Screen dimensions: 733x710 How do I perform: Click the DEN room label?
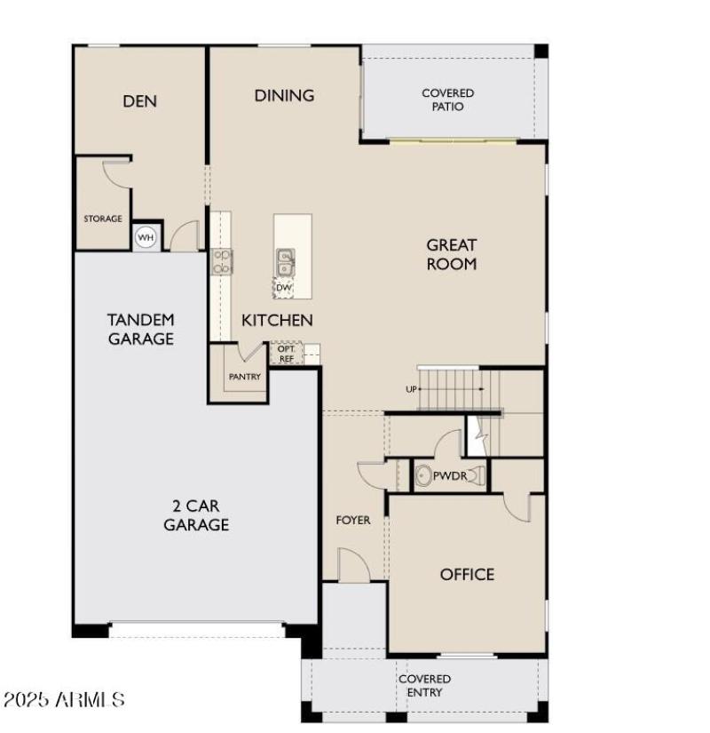click(139, 100)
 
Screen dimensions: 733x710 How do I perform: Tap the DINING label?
click(284, 95)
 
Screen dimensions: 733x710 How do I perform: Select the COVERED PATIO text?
click(447, 100)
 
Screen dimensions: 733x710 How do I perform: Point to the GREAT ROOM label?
click(451, 254)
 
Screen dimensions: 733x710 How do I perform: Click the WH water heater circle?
click(145, 237)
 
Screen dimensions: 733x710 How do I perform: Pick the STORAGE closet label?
click(103, 219)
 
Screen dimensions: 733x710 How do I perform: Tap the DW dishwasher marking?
click(283, 287)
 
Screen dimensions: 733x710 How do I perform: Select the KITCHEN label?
click(277, 320)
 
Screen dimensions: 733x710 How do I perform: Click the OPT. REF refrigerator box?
click(286, 354)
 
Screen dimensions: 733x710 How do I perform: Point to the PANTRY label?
click(244, 377)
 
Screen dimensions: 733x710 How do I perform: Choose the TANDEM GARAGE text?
click(141, 329)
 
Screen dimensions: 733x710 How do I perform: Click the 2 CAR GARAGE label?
click(196, 515)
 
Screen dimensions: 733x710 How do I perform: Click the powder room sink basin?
click(423, 476)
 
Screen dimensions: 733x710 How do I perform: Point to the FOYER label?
click(352, 520)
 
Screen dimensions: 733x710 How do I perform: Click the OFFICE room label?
click(467, 574)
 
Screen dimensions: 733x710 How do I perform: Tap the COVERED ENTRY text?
click(423, 685)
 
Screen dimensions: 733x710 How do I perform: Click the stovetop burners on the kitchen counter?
click(221, 261)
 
